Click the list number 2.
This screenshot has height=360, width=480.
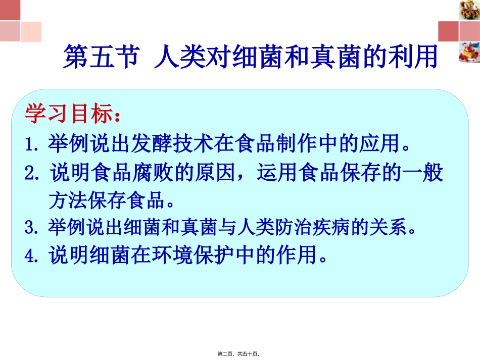click(x=33, y=173)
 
